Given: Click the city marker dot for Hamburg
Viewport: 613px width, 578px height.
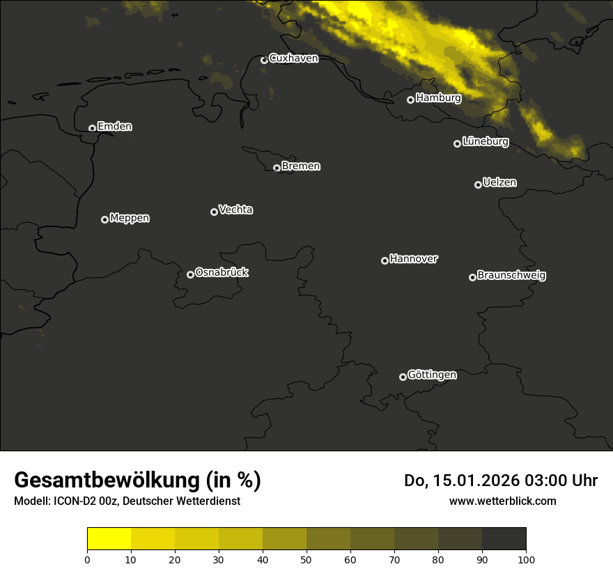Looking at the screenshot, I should (x=410, y=100).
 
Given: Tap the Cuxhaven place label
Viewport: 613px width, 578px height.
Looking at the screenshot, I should (x=293, y=58).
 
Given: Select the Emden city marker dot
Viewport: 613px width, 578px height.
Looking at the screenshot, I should (x=92, y=128).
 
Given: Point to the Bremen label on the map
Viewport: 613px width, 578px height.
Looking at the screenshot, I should (x=301, y=166).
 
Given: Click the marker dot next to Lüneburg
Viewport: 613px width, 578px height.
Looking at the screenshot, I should (x=457, y=143).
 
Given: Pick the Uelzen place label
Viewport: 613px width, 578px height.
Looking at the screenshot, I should (x=499, y=182).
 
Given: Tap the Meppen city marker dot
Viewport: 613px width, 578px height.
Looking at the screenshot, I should (x=104, y=219).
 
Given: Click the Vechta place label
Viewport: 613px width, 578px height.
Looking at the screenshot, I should (x=235, y=210).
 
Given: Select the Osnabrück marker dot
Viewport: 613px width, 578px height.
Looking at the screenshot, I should (x=190, y=274).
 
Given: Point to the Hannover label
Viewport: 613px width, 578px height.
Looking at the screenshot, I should (x=414, y=259).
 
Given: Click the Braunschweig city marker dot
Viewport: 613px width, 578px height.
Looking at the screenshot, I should (x=472, y=277).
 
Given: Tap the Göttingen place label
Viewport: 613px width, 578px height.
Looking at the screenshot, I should (x=432, y=375).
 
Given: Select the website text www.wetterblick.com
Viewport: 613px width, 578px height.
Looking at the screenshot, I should (x=502, y=501).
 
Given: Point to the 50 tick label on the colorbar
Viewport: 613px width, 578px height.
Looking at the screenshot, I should (x=306, y=559).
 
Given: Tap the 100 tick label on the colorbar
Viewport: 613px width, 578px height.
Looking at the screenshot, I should (x=526, y=559).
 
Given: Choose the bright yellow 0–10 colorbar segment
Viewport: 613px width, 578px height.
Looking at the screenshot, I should (x=109, y=539).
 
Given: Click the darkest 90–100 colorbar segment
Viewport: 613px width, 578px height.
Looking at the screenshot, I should (x=504, y=539).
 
